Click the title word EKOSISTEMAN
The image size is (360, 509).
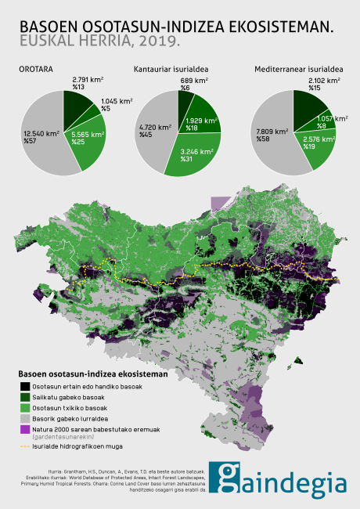286,25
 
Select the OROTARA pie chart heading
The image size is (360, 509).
36,70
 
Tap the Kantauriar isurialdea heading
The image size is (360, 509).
176,70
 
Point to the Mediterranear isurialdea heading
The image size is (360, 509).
298,70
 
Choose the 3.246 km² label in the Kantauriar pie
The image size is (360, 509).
196,154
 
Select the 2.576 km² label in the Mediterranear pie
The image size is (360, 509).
318,139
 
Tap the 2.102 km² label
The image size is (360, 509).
323,81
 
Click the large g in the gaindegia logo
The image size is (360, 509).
231,480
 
